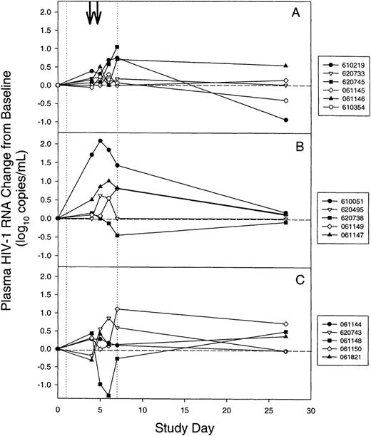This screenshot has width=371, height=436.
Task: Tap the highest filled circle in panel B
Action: (x=100, y=141)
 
